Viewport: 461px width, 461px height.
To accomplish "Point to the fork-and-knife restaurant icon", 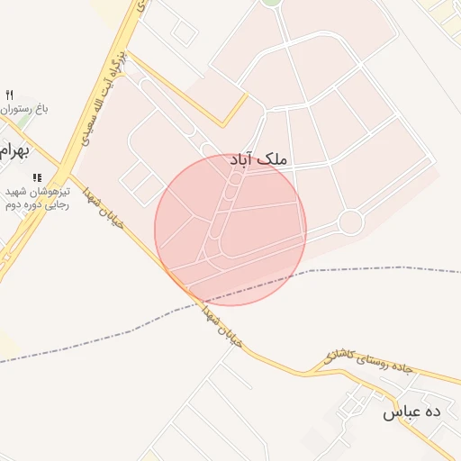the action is pyautogui.click(x=10, y=95).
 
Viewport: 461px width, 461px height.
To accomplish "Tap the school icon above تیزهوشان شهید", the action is pyautogui.click(x=37, y=178).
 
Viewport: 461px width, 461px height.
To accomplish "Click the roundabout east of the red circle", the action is pyautogui.click(x=349, y=221).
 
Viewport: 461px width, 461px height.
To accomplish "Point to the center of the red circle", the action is pyautogui.click(x=230, y=230).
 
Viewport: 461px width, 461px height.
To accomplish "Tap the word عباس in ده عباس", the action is pyautogui.click(x=401, y=412).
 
